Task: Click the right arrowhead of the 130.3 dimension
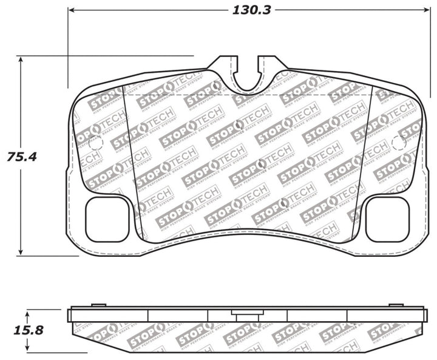[x=423, y=10]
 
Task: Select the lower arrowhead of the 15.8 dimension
[x=29, y=351]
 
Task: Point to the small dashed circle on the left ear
[x=95, y=143]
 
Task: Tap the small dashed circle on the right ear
[x=398, y=143]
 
